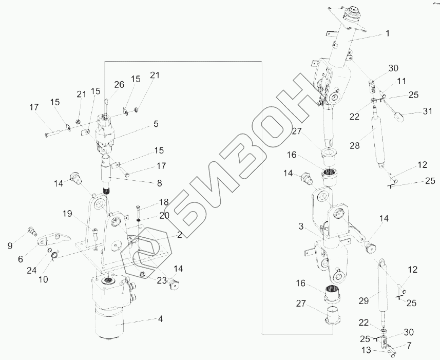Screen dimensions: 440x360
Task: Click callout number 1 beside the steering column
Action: click(x=387, y=33)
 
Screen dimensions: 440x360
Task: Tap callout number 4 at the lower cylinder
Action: click(x=160, y=318)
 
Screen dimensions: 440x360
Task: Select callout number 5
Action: click(x=156, y=124)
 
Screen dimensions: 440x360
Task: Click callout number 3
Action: click(x=302, y=226)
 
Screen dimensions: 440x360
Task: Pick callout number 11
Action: click(x=401, y=81)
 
